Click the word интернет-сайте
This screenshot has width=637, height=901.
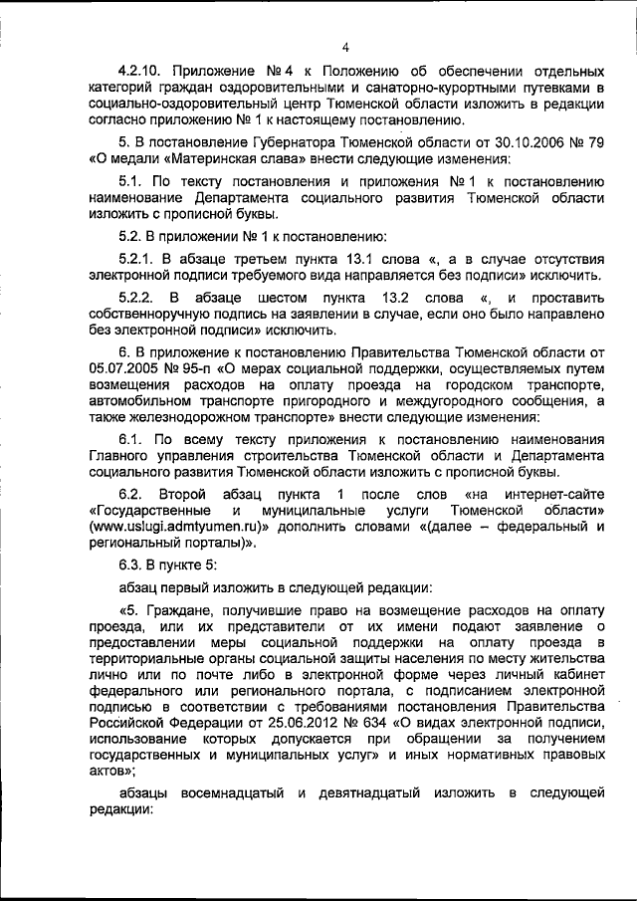point(555,495)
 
